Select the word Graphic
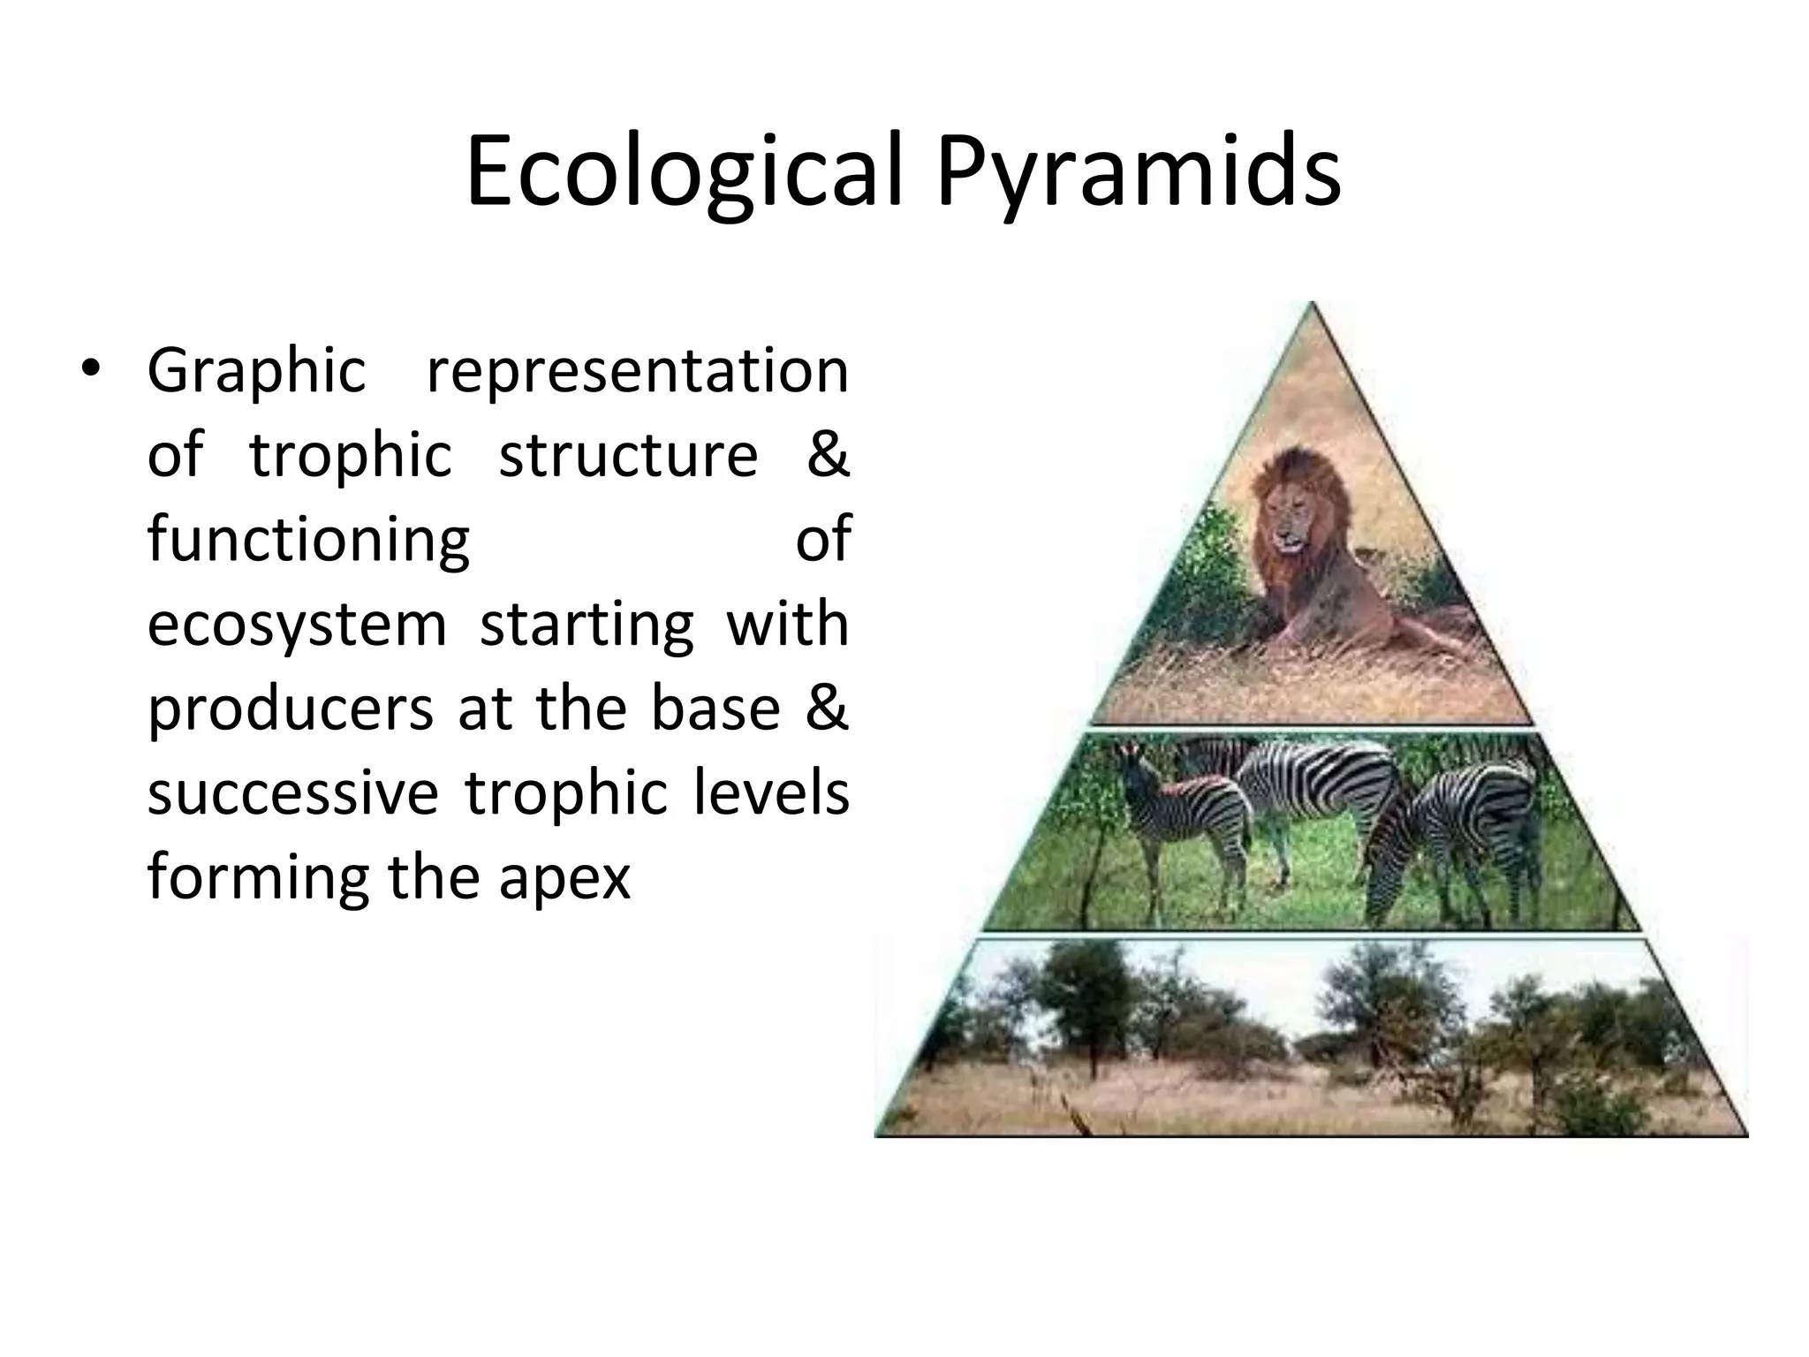pyautogui.click(x=256, y=372)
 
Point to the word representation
pyautogui.click(x=637, y=372)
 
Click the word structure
pyautogui.click(x=628, y=455)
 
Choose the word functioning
pyautogui.click(x=308, y=540)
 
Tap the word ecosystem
pyautogui.click(x=297, y=624)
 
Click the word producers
pyautogui.click(x=291, y=709)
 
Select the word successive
pyautogui.click(x=292, y=792)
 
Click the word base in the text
pyautogui.click(x=715, y=708)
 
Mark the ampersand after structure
pyautogui.click(x=828, y=455)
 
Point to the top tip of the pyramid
pyautogui.click(x=1313, y=306)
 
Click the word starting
pyautogui.click(x=587, y=624)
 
